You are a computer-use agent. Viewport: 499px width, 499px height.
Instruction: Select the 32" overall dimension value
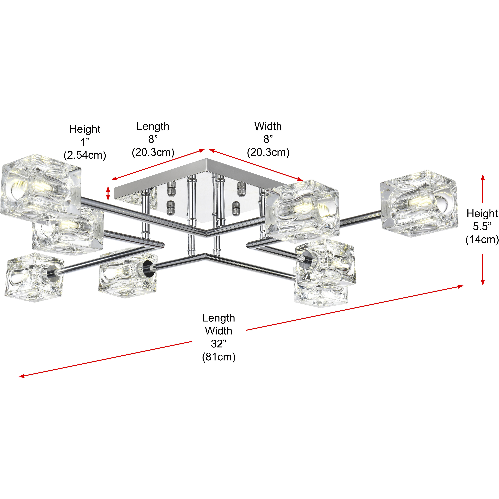tap(218, 344)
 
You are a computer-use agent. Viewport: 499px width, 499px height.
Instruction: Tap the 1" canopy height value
tap(85, 142)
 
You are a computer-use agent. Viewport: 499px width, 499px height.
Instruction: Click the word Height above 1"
tap(85, 129)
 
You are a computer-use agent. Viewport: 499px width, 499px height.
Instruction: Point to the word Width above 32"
tap(218, 331)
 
